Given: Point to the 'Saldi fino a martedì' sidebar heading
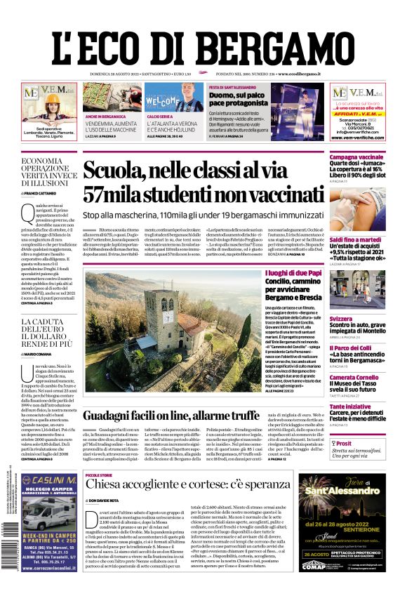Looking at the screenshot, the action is click(355, 239).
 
